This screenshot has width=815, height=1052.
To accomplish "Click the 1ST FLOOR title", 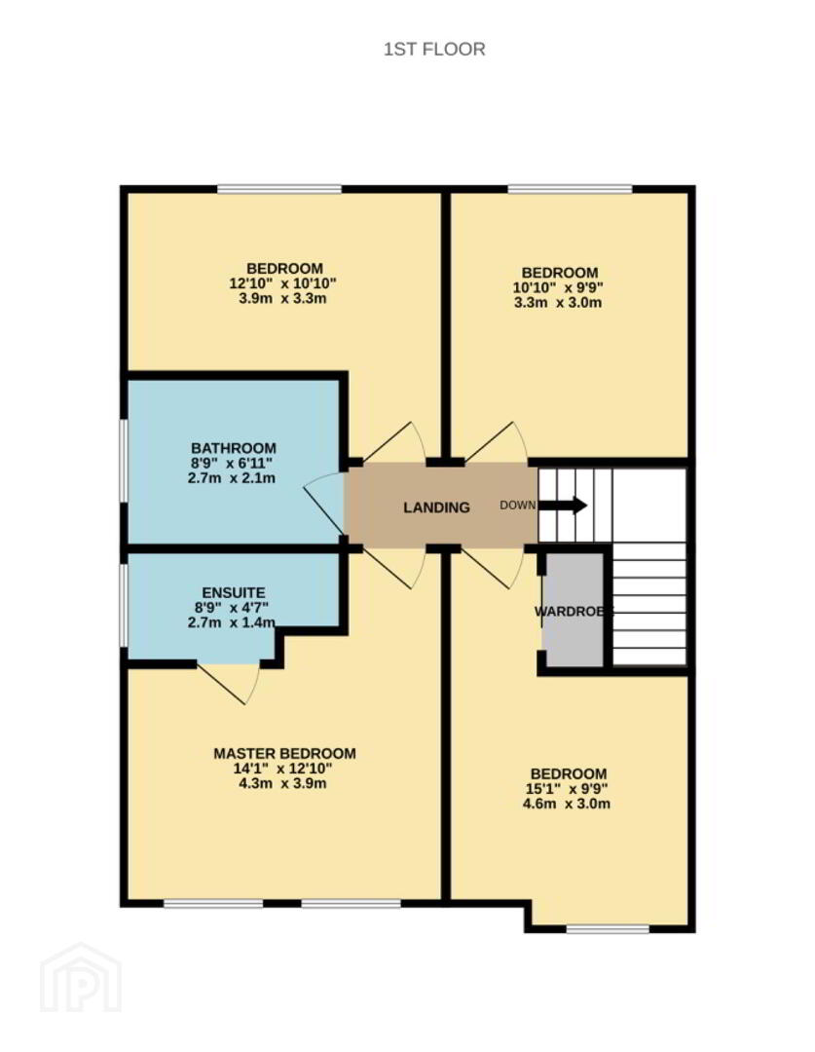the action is click(x=434, y=49).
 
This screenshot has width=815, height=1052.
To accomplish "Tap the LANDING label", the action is click(x=436, y=507).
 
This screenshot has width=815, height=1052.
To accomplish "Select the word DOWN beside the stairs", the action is click(x=517, y=506).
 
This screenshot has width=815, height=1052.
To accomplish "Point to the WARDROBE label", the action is click(x=574, y=611).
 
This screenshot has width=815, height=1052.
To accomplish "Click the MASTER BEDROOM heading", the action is click(x=284, y=753).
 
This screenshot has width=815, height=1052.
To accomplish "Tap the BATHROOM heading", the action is click(x=234, y=448).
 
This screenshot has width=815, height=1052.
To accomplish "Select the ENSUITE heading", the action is click(x=234, y=592).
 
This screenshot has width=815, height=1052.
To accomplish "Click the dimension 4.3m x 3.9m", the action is click(x=282, y=783).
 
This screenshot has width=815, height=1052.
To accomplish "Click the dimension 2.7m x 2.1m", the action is click(x=232, y=478).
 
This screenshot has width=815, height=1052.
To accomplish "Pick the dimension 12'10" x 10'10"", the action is click(x=282, y=283).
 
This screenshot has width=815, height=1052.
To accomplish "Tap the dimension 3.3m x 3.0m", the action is click(x=558, y=303).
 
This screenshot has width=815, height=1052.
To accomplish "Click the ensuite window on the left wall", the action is click(x=124, y=606).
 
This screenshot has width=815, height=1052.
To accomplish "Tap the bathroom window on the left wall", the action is click(x=124, y=461).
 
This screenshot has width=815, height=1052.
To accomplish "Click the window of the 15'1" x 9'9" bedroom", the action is click(x=608, y=929).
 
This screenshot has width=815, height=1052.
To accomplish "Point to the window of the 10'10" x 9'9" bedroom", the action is click(x=571, y=189).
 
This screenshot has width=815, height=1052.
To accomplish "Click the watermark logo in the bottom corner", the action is click(x=81, y=977).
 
